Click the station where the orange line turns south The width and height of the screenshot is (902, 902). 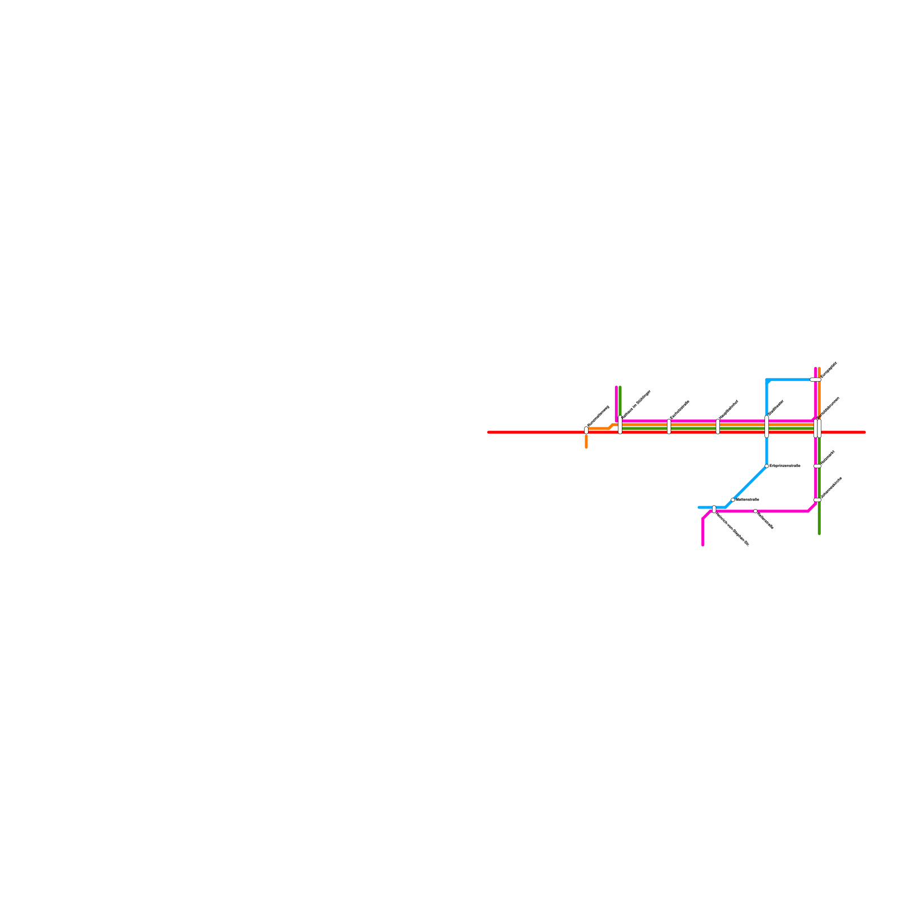click(586, 430)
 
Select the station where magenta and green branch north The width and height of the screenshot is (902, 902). click(620, 425)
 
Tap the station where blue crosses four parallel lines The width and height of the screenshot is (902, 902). click(767, 427)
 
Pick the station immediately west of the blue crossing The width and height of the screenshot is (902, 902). click(718, 427)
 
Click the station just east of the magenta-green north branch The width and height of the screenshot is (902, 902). click(669, 427)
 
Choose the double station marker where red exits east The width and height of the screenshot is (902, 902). click(817, 428)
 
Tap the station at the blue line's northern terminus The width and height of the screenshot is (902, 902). click(815, 379)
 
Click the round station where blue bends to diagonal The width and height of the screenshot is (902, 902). click(767, 466)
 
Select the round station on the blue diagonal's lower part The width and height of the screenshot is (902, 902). click(733, 499)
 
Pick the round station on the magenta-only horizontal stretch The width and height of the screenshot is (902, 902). click(755, 511)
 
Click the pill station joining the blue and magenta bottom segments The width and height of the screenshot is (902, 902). click(714, 509)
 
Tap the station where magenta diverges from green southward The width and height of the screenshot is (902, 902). click(817, 499)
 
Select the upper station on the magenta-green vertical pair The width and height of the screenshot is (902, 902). click(817, 466)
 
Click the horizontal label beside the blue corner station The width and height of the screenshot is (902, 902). click(785, 466)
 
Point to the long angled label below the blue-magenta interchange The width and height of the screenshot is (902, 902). click(732, 529)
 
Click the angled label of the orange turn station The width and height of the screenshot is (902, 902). click(598, 416)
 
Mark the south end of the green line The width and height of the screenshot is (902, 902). click(819, 533)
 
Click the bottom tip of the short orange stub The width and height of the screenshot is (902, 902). click(586, 447)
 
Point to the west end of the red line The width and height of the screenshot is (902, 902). click(488, 432)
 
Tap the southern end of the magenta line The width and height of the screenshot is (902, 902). click(703, 545)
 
